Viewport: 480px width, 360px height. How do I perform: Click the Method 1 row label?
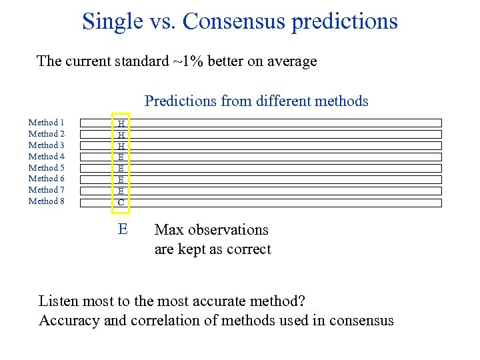click(46, 123)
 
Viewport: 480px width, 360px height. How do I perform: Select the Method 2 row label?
click(46, 134)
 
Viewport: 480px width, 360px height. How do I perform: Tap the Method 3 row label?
click(46, 145)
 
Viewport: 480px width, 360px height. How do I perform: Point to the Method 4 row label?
click(46, 157)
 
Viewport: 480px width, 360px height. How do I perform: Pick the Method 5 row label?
click(46, 168)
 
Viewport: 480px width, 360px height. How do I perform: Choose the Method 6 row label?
click(46, 179)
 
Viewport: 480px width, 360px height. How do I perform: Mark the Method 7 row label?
click(46, 190)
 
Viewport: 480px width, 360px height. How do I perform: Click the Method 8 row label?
click(46, 201)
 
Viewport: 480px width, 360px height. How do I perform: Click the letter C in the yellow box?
click(121, 202)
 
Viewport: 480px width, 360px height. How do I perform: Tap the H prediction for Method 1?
click(121, 123)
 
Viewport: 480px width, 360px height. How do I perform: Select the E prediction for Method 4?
click(121, 157)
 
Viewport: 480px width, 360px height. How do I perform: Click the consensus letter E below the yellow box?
click(122, 229)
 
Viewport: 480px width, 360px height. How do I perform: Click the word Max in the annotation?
click(169, 230)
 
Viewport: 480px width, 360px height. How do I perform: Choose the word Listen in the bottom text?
click(59, 301)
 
